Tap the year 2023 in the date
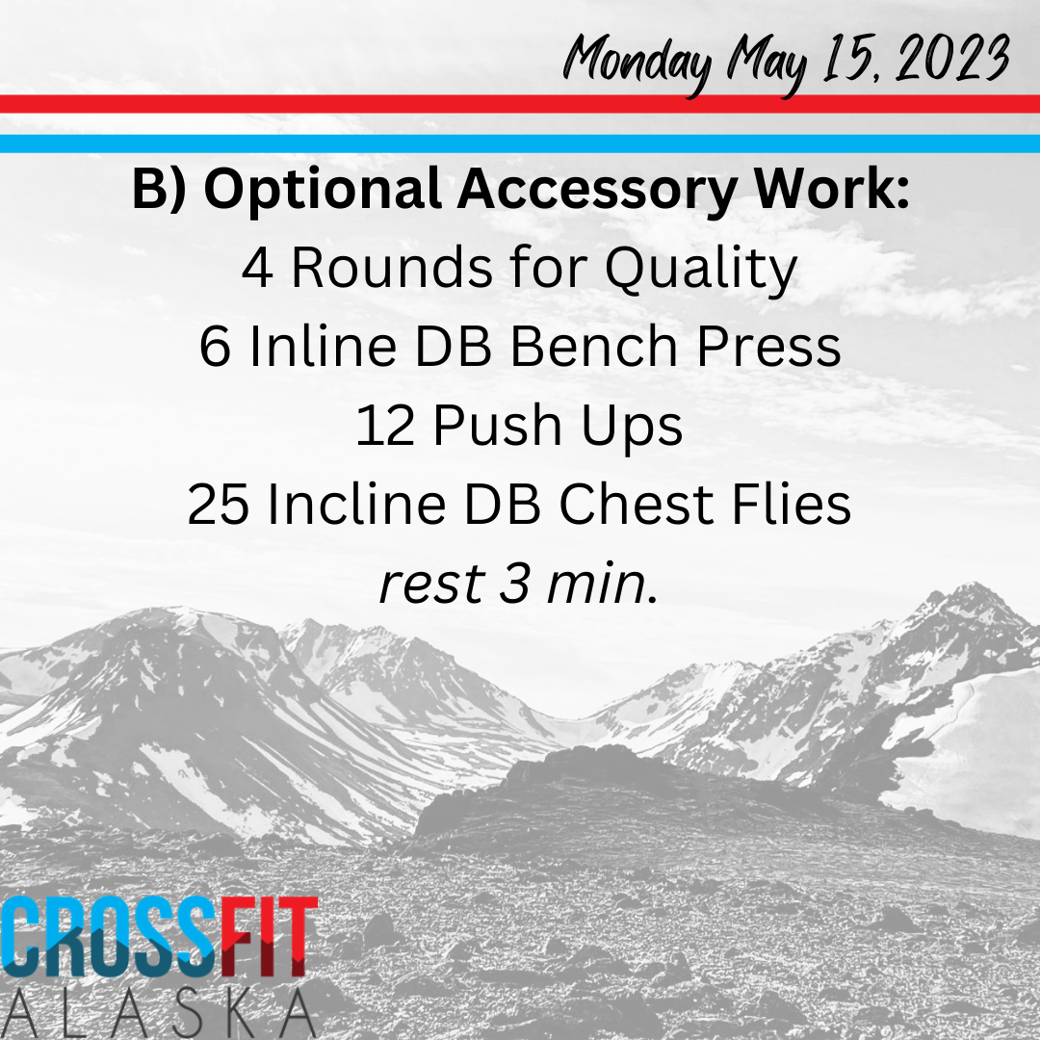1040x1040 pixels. point(951,58)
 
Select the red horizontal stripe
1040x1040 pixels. point(520,103)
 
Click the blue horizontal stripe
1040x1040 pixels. point(520,143)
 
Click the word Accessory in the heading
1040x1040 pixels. point(597,192)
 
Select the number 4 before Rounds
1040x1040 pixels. point(257,269)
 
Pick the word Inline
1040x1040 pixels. point(323,346)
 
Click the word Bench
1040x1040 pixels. point(593,346)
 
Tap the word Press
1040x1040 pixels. point(768,346)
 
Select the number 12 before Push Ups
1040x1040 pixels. point(385,426)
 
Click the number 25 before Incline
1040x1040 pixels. point(219,505)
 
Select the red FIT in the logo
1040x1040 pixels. point(268,937)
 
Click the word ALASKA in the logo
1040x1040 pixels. point(159,1014)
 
